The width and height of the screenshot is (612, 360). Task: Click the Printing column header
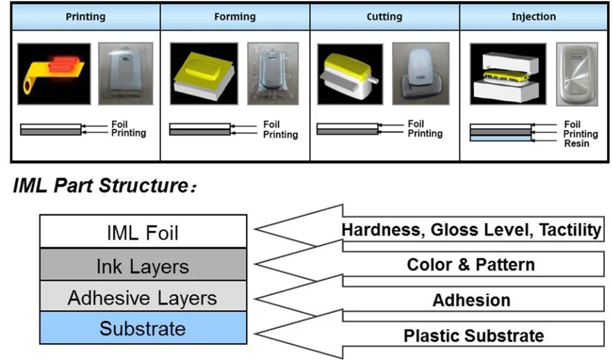pyautogui.click(x=86, y=17)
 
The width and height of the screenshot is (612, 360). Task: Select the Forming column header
pyautogui.click(x=235, y=17)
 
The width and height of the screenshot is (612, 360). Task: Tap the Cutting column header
pyautogui.click(x=384, y=17)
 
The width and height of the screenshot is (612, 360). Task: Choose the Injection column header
pyautogui.click(x=534, y=17)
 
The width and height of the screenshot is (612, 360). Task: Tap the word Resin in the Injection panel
pyautogui.click(x=577, y=143)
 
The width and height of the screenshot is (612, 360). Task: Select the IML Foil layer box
pyautogui.click(x=143, y=231)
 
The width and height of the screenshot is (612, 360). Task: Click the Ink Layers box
pyautogui.click(x=143, y=265)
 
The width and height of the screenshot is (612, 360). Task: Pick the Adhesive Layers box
pyautogui.click(x=143, y=298)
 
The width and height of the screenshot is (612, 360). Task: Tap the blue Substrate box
pyautogui.click(x=143, y=328)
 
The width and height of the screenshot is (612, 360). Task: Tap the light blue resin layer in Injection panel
pyautogui.click(x=500, y=139)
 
